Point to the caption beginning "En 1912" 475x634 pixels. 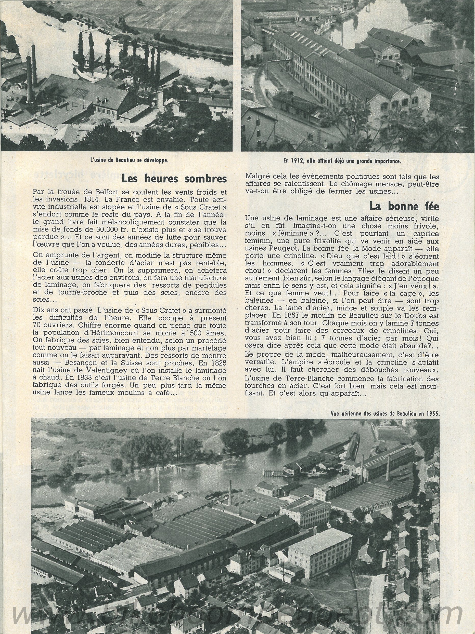[341, 161]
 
